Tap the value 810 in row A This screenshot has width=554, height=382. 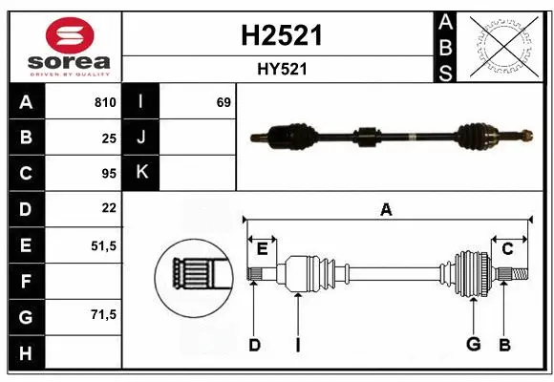click(x=105, y=102)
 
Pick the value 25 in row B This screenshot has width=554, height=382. click(x=109, y=138)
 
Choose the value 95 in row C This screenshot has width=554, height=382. click(x=109, y=174)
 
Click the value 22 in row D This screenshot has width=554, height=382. click(x=109, y=208)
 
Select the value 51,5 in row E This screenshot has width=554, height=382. click(x=103, y=245)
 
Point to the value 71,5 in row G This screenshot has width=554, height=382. click(x=103, y=314)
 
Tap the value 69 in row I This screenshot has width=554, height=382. click(x=224, y=102)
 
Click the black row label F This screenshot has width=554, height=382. click(x=25, y=281)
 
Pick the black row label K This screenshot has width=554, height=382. click(x=141, y=174)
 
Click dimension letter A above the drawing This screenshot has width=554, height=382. click(x=386, y=209)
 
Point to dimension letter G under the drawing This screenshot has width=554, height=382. click(x=472, y=345)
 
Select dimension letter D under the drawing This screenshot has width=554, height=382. click(x=254, y=345)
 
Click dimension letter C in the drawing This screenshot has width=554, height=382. click(x=507, y=249)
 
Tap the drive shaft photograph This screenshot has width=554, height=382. click(x=390, y=138)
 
